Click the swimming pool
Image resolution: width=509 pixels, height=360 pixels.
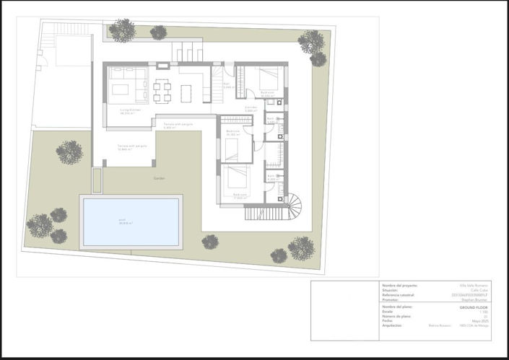pos(131,222)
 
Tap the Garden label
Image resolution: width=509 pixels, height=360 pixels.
pos(159,177)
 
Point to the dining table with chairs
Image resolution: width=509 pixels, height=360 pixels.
pos(162,90)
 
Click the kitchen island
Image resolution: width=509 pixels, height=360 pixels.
pos(186,92)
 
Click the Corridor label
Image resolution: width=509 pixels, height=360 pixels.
pos(251,107)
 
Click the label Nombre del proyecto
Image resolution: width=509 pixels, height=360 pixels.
pos(399,285)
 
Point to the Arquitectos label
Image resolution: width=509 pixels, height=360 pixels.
pos(394,325)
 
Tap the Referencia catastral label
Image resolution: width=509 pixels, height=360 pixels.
pos(401,294)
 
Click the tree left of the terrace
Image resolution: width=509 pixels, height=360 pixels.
pos(69,152)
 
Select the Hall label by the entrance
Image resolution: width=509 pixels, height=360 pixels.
pos(226,85)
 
